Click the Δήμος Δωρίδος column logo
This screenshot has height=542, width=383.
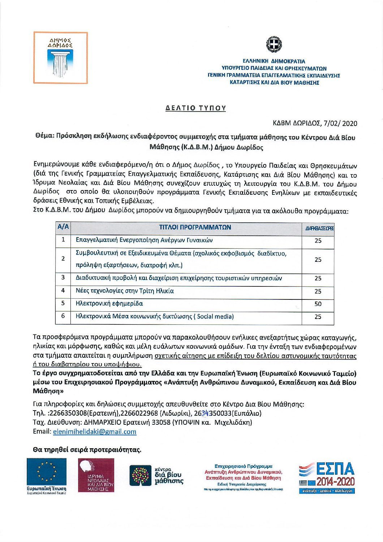(60, 58)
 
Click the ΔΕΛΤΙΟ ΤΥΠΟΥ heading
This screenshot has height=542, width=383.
(195, 108)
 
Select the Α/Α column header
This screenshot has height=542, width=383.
(63, 227)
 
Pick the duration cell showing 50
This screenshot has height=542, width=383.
(318, 304)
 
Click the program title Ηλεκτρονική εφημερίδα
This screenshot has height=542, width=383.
(109, 303)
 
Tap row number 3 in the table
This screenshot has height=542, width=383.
(63, 278)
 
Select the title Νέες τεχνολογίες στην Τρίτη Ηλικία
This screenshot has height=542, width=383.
(125, 291)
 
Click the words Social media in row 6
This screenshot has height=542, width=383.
(215, 316)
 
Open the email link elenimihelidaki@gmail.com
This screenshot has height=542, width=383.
(94, 432)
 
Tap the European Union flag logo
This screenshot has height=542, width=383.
(47, 472)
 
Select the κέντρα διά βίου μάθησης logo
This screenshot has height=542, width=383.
(156, 475)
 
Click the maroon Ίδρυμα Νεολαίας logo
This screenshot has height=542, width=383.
(96, 475)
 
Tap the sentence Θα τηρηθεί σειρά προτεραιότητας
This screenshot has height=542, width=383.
(87, 450)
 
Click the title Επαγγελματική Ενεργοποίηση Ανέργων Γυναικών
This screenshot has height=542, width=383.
(144, 240)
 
